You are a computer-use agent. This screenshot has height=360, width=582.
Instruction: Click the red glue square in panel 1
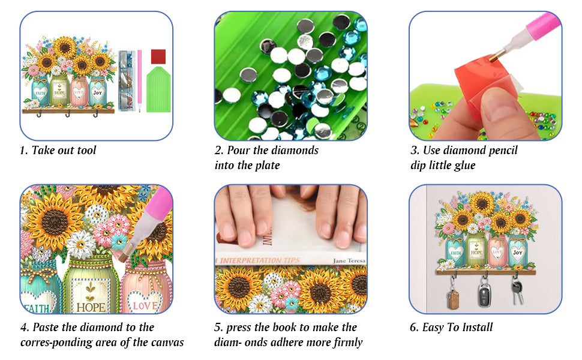coord(158,56)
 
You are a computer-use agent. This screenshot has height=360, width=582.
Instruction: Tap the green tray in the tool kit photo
coord(158,89)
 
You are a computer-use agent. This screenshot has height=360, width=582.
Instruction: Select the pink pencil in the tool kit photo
coord(140,80)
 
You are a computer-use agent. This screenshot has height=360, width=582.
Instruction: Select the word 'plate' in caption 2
coord(268,165)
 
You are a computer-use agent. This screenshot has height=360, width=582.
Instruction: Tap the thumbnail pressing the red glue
coord(498,109)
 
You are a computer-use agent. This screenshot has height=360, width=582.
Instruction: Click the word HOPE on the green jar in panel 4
coord(91,307)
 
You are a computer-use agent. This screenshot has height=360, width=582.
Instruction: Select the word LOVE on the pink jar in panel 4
coord(145,306)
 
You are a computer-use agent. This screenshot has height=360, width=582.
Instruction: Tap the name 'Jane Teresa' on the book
coord(349,260)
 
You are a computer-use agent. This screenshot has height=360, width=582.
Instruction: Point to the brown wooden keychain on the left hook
coord(453,299)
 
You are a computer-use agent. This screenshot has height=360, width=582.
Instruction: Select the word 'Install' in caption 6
coord(478,327)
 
